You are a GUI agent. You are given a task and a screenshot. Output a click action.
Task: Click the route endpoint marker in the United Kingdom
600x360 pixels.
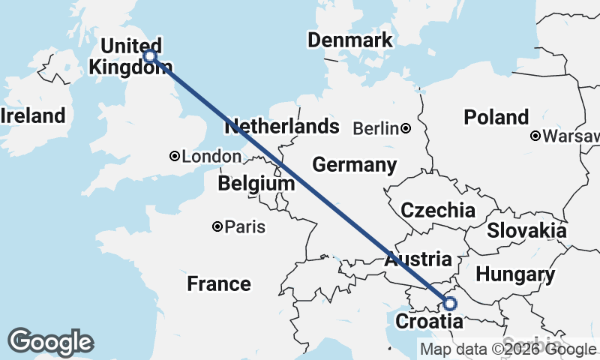pyautogui.click(x=150, y=55)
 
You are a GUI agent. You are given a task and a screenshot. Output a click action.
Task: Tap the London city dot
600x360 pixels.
pyautogui.click(x=175, y=157)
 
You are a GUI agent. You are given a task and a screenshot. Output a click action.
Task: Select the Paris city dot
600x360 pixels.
pyautogui.click(x=217, y=226)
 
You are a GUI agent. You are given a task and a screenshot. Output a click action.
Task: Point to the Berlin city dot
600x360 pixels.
pyautogui.click(x=406, y=128)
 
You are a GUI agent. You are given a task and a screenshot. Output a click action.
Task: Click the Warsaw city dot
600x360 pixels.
pyautogui.click(x=535, y=136)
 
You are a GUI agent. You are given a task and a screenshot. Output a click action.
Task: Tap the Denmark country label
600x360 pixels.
pyautogui.click(x=350, y=40)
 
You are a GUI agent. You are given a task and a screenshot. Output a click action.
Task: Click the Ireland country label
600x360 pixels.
pyautogui.click(x=34, y=116)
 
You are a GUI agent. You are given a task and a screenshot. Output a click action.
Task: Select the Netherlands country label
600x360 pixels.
pyautogui.click(x=282, y=126)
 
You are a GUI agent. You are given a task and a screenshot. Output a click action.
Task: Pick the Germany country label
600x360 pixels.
pyautogui.click(x=355, y=164)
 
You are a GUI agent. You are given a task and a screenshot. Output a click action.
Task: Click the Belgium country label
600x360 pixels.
pyautogui.click(x=256, y=184)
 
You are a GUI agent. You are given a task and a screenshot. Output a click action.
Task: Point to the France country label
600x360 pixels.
pyautogui.click(x=219, y=283)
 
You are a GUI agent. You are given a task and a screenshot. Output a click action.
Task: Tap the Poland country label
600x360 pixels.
pyautogui.click(x=496, y=117)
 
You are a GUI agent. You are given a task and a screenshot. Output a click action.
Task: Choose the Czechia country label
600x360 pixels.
pyautogui.click(x=438, y=210)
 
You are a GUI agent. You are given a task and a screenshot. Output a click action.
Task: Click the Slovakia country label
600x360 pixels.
pyautogui.click(x=526, y=230)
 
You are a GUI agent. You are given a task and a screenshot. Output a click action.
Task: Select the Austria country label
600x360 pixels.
pyautogui.click(x=418, y=260)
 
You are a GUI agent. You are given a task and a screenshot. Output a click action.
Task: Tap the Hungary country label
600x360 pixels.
pyautogui.click(x=515, y=274)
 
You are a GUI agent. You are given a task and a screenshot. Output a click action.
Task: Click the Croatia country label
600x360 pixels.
pyautogui.click(x=425, y=322)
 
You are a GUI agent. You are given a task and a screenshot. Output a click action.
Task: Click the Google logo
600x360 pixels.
pyautogui.click(x=50, y=342)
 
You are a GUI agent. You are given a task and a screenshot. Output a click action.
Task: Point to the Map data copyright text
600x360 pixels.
pyautogui.click(x=508, y=349)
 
